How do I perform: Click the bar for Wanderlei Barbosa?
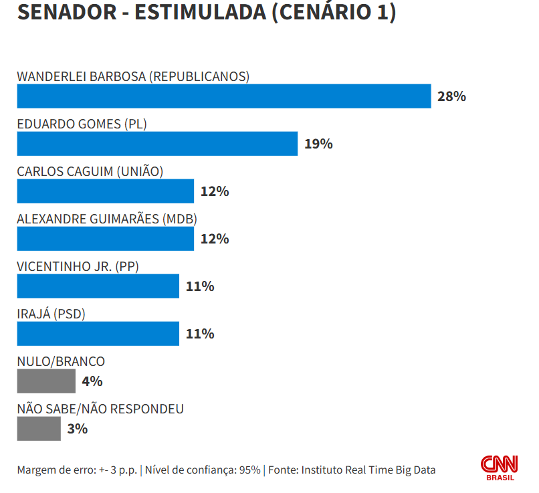[x=223, y=96]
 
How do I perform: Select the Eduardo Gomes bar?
[x=157, y=144]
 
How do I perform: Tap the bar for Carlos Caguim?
[x=105, y=191]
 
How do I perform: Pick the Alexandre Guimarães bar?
[x=105, y=239]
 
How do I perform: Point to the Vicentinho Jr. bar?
[x=98, y=286]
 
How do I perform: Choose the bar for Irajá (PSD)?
[x=98, y=334]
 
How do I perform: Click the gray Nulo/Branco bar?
[x=46, y=381]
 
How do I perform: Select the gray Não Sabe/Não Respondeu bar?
[x=39, y=429]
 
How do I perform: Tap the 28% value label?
[x=451, y=96]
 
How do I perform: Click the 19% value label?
[x=318, y=144]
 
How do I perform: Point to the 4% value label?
[x=92, y=381]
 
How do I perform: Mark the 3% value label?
[x=78, y=429]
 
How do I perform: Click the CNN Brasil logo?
[x=500, y=467]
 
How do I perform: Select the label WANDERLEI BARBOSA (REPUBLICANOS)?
[x=133, y=76]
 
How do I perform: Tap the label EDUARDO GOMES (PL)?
[x=82, y=124]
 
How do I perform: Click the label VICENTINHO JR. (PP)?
[x=78, y=266]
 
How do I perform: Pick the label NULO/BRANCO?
[x=61, y=361]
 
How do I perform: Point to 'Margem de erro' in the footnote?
[x=50, y=470]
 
